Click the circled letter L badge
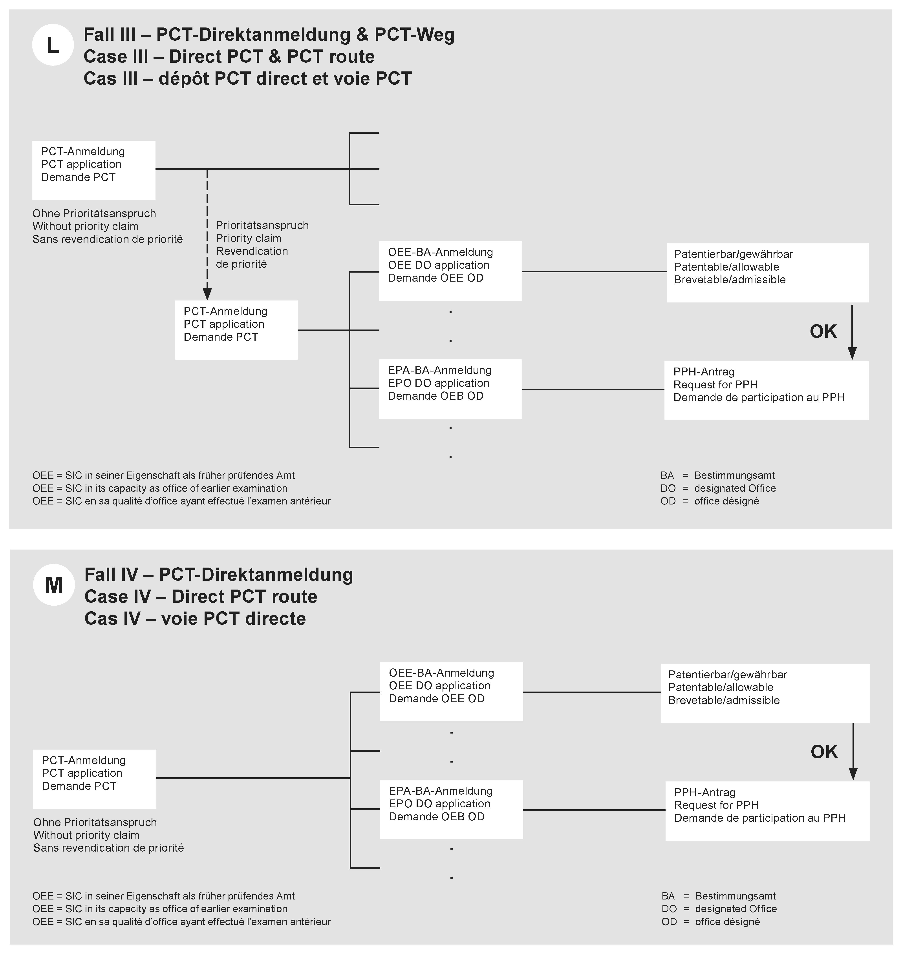[53, 45]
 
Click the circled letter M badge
[54, 585]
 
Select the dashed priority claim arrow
[207, 235]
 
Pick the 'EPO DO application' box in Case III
[450, 389]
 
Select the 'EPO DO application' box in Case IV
[451, 809]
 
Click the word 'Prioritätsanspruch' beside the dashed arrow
[262, 225]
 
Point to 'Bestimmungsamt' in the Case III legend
[734, 475]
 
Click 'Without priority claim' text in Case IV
[86, 835]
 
